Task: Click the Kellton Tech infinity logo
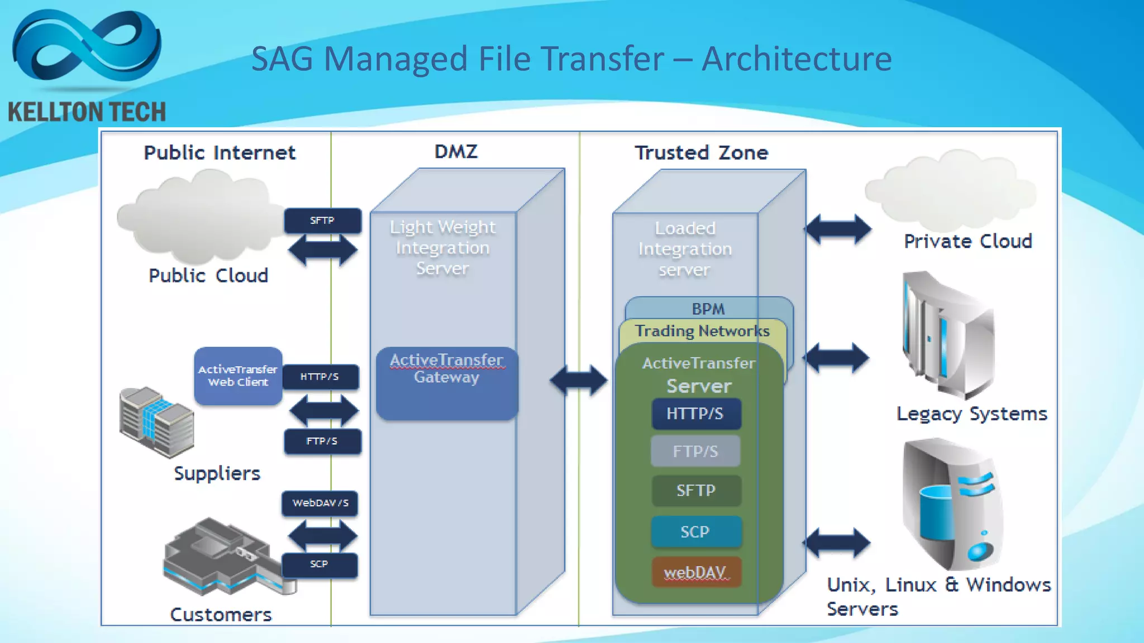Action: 87,47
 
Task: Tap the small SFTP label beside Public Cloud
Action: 322,220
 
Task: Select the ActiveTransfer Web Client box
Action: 238,376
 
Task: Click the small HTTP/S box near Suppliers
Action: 320,377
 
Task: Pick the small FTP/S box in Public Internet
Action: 322,441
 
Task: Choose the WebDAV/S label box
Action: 320,503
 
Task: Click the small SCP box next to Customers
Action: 320,564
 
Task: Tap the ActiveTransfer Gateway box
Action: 447,383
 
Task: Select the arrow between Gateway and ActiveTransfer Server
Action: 579,381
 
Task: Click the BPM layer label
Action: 708,309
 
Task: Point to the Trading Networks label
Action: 702,331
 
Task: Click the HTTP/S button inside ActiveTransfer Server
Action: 695,414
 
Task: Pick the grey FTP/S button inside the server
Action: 695,451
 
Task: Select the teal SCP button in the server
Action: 695,532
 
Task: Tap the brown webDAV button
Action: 695,572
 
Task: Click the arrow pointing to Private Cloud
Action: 838,229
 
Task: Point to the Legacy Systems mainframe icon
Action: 947,335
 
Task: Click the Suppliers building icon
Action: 156,421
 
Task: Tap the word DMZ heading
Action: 456,152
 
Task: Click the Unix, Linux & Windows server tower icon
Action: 952,502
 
